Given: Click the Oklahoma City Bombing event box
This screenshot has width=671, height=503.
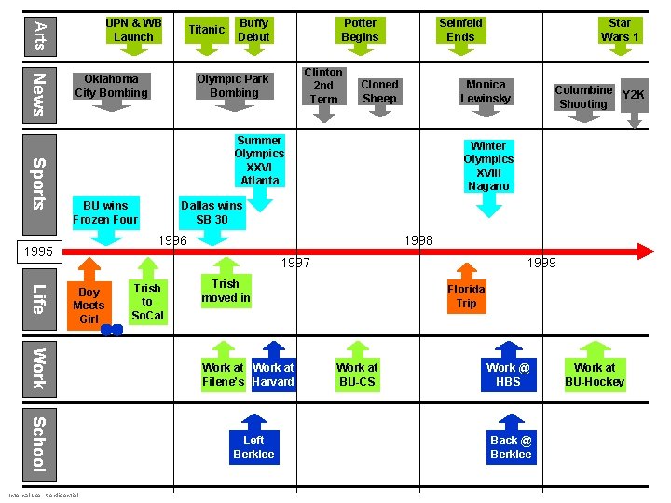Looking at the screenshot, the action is tap(111, 86).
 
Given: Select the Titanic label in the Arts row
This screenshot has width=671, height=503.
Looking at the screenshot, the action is tap(206, 30).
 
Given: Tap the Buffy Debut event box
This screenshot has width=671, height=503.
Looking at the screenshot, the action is tap(253, 30).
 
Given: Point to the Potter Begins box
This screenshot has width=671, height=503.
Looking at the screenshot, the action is tap(360, 30).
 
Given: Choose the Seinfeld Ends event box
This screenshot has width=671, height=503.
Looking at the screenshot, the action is tap(460, 30).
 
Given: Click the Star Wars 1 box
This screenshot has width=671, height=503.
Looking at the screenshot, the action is tap(620, 30).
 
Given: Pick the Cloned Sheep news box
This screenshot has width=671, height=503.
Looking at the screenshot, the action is tap(379, 91).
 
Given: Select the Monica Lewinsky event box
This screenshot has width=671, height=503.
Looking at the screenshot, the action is tap(486, 91).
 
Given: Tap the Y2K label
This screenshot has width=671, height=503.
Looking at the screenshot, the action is tap(634, 95).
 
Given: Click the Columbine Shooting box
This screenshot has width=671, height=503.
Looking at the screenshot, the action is tap(583, 97).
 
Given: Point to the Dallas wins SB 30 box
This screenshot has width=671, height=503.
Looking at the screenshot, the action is tap(212, 212).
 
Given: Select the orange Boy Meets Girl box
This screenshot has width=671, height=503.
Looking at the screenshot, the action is tap(89, 306).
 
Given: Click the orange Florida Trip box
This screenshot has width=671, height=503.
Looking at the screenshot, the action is tap(466, 296).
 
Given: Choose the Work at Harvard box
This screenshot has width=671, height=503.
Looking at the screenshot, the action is tap(273, 374).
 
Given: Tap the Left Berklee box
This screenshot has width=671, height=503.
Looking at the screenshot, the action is tap(253, 447).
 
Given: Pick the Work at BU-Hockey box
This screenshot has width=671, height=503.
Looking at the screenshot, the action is tap(595, 374).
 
